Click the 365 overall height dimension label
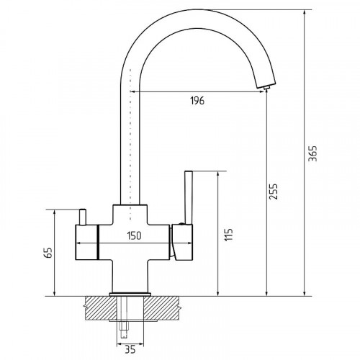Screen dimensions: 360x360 click(312, 153)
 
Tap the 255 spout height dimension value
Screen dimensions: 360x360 click(274, 192)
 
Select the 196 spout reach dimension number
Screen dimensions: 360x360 click(197, 101)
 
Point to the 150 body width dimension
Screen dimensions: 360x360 click(134, 235)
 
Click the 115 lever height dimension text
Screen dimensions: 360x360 click(229, 235)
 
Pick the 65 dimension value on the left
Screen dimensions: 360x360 click(49, 253)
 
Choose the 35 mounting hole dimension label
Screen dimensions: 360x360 click(130, 349)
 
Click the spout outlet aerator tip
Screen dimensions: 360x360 click(266, 88)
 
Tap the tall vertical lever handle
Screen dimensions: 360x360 click(189, 197)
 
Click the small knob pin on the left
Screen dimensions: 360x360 click(82, 217)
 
